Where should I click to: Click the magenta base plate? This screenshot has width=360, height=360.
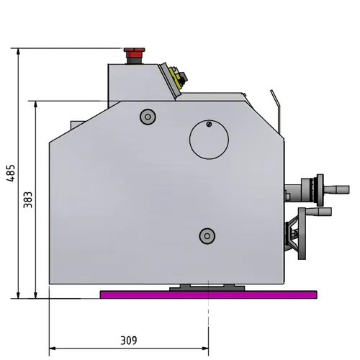click(209, 294)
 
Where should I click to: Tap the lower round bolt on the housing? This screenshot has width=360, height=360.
click(207, 235)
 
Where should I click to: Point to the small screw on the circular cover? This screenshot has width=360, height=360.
click(209, 125)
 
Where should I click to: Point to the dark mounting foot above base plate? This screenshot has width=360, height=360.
click(206, 287)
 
